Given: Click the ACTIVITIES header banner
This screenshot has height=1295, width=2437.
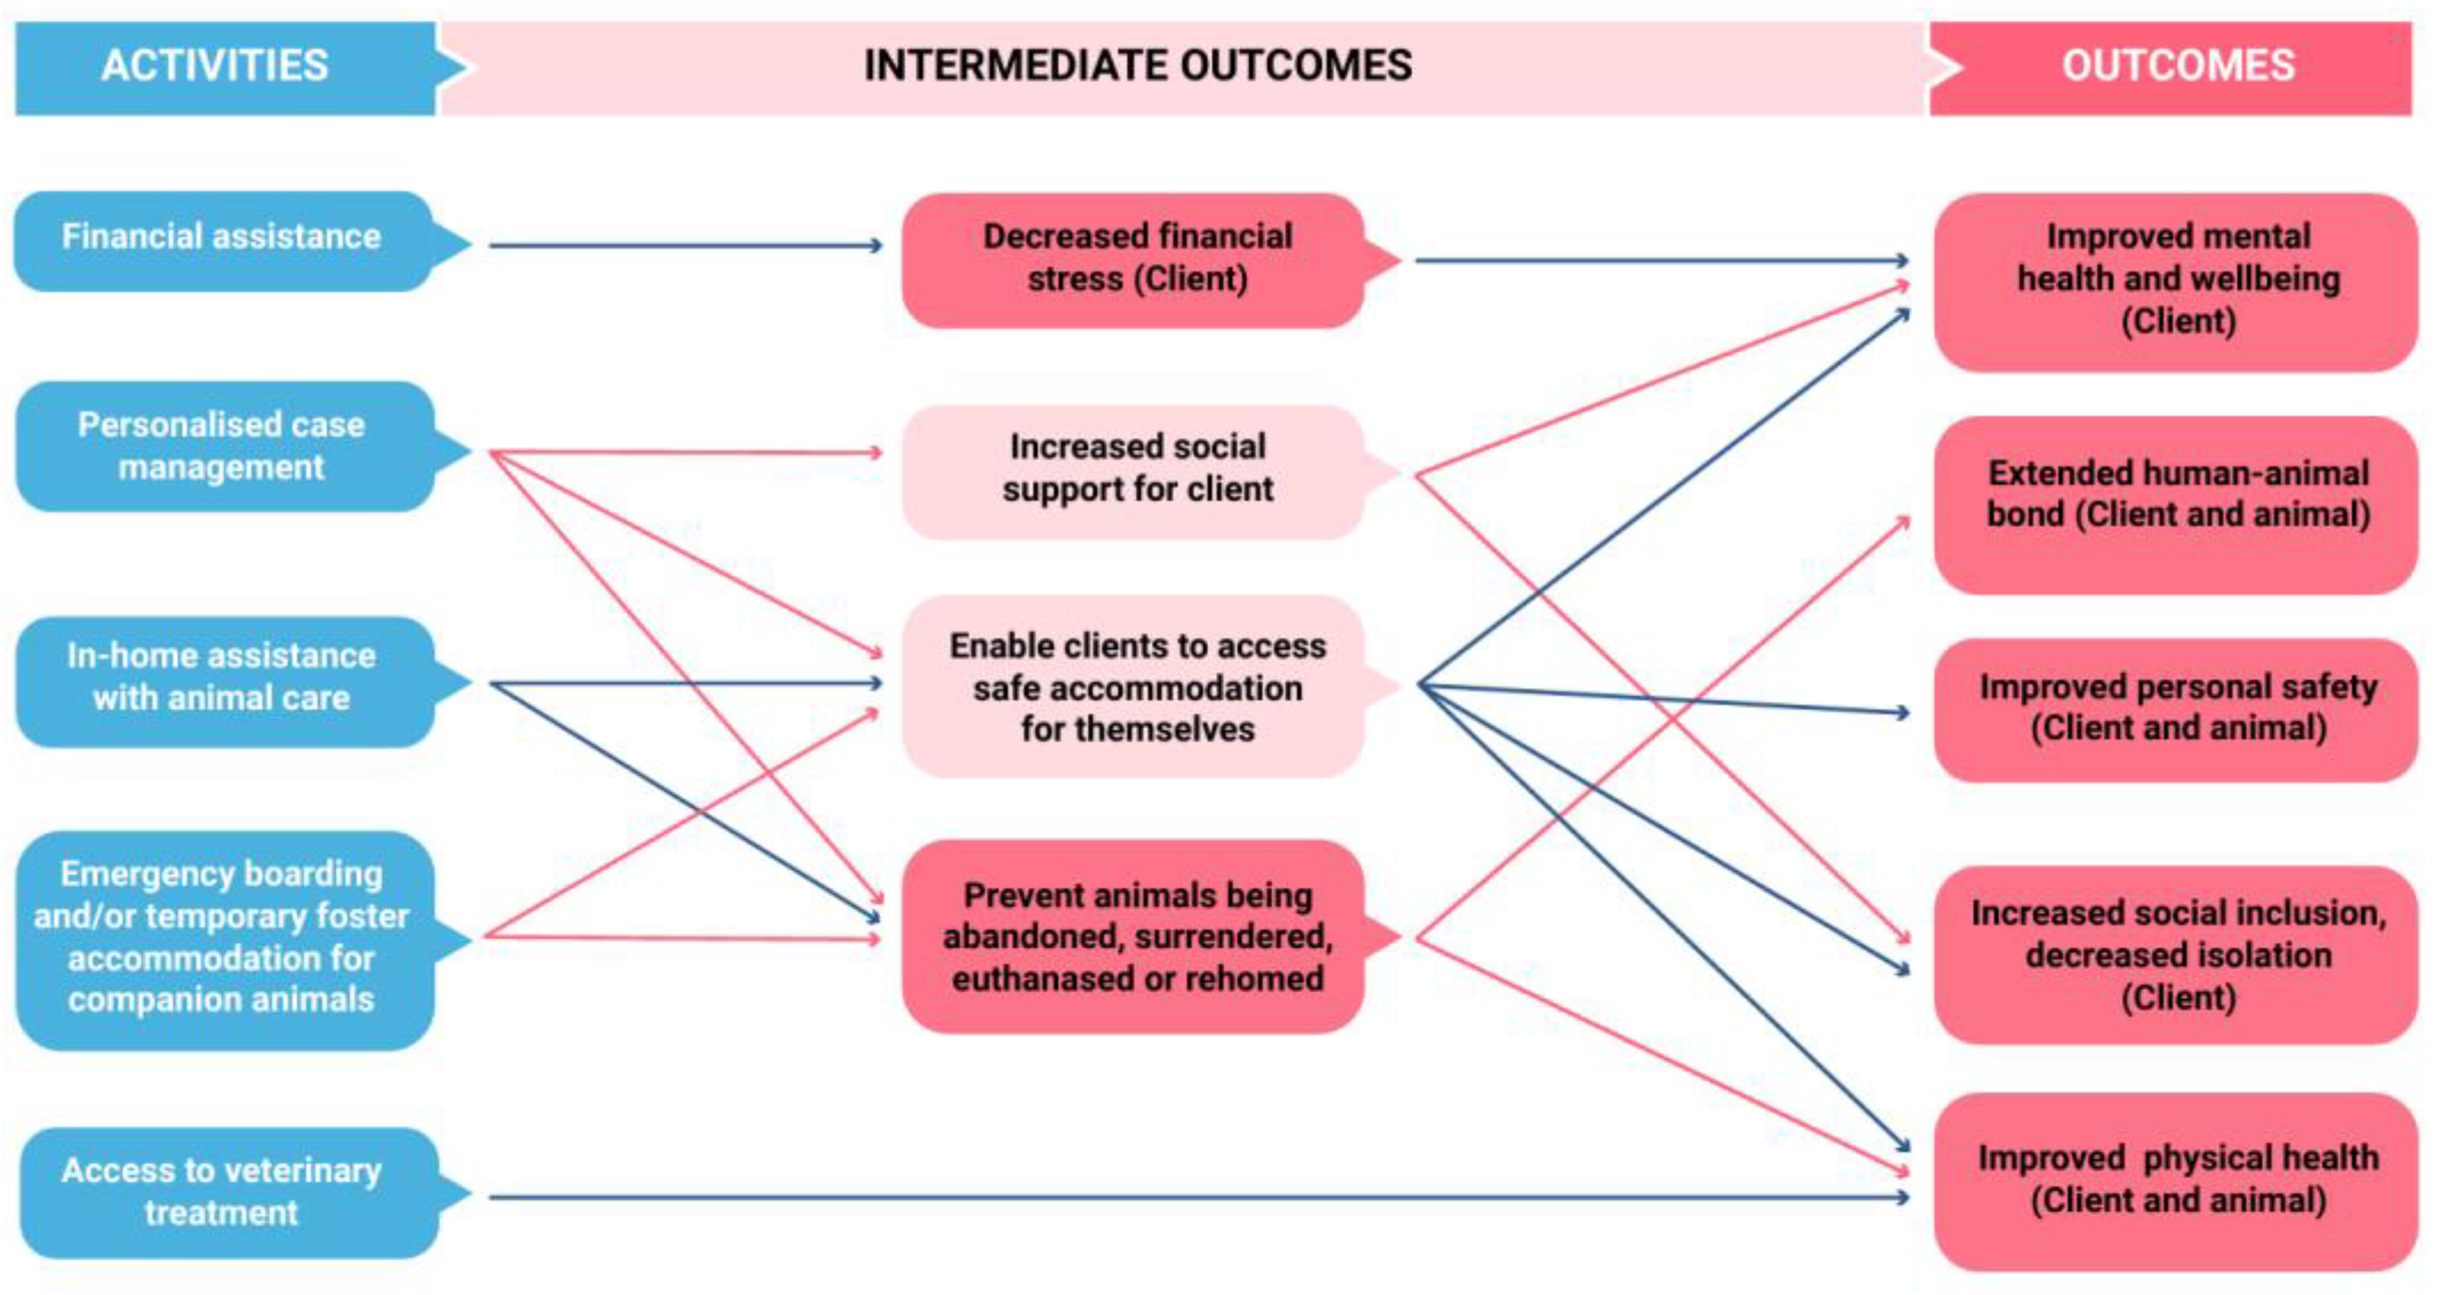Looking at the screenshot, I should coord(215,66).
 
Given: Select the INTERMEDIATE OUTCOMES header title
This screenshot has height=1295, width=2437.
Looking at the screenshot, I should coord(1138,66).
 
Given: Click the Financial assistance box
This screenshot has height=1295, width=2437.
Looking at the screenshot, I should coord(222,238).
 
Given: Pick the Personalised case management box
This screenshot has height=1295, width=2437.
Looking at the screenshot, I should coord(222,446).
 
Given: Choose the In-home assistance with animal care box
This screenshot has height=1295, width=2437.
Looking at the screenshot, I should coord(222,678).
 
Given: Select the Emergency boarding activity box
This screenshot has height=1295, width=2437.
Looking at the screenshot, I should coord(222,937).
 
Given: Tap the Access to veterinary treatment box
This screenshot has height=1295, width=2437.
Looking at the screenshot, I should coord(222,1192).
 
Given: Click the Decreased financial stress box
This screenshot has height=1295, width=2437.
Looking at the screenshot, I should coord(1138,258).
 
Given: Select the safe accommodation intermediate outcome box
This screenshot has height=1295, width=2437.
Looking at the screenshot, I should coord(1138,688).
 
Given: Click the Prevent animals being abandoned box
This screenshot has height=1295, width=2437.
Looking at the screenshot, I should coord(1138,937).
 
